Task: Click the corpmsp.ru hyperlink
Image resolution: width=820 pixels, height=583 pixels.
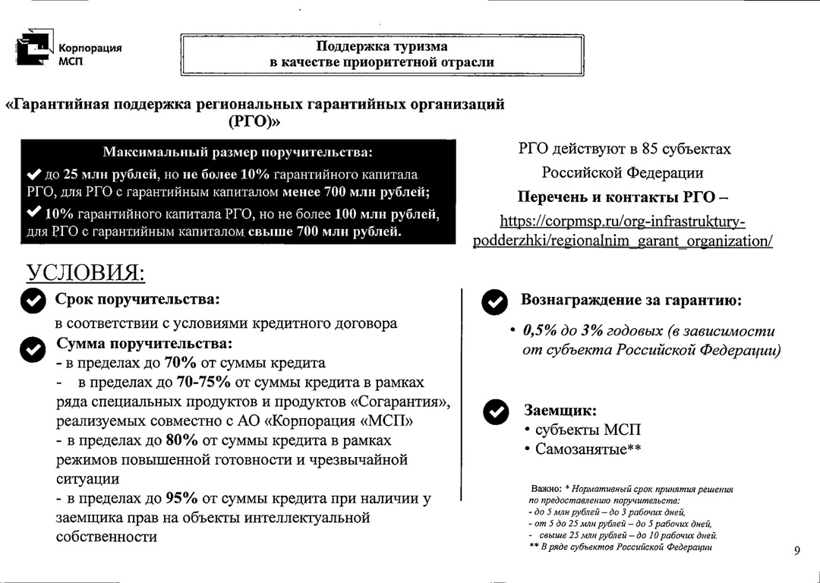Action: click(x=623, y=231)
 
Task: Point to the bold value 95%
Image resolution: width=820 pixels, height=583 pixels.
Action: click(x=181, y=499)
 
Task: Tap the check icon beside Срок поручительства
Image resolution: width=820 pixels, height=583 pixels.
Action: click(x=33, y=301)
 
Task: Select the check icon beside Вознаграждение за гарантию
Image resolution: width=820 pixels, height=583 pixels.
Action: click(x=495, y=302)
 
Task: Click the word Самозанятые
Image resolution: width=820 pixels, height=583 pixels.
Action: click(x=581, y=449)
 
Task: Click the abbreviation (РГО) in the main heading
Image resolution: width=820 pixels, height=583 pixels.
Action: click(x=254, y=121)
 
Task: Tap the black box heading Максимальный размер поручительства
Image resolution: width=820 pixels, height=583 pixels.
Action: click(x=237, y=152)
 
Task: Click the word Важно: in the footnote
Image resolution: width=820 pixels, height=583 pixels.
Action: click(x=546, y=490)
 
